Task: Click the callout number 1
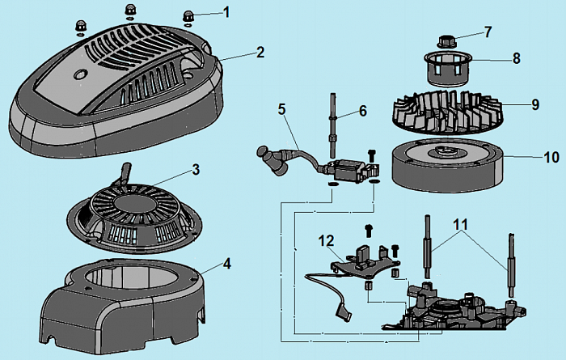(226, 12)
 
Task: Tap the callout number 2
(260, 52)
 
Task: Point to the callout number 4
(227, 264)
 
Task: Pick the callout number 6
(363, 110)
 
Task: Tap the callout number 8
(516, 59)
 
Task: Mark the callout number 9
(534, 104)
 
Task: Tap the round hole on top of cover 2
(79, 74)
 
